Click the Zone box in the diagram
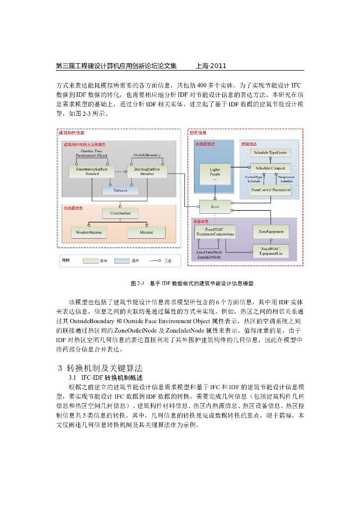215,205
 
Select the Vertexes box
120,190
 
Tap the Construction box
120,213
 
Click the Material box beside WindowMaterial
146,232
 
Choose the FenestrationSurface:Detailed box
92,171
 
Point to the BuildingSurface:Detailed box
147,171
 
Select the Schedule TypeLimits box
270,152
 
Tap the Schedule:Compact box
270,168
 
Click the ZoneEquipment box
271,231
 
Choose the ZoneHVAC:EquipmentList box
271,251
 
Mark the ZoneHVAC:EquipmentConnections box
215,231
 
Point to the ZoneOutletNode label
209,253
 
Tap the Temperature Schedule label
286,179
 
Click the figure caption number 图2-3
137,283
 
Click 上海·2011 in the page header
211,65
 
